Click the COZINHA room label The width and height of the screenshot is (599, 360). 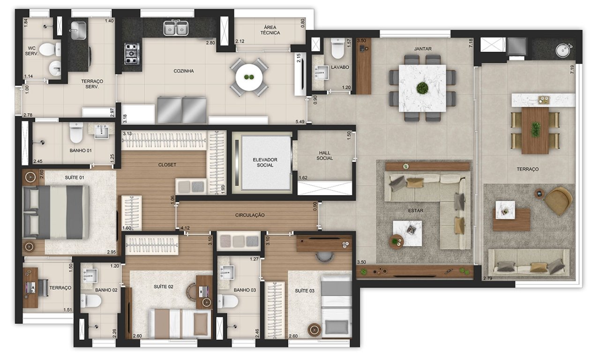click(183, 71)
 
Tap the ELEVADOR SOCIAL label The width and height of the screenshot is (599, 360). click(265, 162)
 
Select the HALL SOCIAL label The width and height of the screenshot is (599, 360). click(325, 156)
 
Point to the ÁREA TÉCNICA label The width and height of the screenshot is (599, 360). click(270, 30)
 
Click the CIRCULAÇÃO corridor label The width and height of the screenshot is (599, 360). click(250, 215)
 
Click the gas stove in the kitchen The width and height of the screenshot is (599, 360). click(132, 54)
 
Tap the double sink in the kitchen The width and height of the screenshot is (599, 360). click(176, 28)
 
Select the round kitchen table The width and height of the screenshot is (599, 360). click(249, 77)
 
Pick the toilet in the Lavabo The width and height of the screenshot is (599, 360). click(337, 48)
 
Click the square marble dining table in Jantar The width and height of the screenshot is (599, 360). click(422, 88)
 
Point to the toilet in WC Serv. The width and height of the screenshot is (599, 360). click(50, 50)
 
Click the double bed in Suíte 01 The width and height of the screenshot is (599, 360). click(56, 212)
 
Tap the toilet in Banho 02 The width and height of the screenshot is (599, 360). click(91, 300)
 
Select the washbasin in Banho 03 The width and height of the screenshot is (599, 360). click(226, 272)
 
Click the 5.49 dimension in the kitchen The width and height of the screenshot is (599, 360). click(300, 122)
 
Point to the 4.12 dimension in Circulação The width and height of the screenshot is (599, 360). click(185, 228)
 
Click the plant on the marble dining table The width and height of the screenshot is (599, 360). click(422, 88)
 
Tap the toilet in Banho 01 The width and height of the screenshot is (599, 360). click(76, 133)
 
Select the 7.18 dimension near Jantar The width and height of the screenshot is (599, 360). click(471, 43)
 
